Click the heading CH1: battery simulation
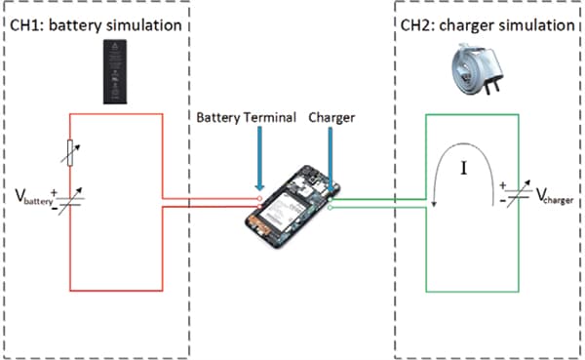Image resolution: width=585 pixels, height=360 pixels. point(96,25)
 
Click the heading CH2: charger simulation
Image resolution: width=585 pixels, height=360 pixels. point(487,25)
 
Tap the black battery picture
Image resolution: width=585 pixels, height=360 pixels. point(115,71)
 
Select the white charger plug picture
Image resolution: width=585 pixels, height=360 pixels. point(477,68)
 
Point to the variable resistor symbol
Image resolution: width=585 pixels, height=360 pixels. point(70,153)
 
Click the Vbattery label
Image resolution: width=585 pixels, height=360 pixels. point(34,197)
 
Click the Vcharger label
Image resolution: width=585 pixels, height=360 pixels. point(555,196)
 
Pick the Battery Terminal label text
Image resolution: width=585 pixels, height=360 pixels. point(247,118)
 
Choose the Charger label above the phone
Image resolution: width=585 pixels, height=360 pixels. point(331,118)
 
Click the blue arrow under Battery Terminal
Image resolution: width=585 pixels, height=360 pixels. point(259,158)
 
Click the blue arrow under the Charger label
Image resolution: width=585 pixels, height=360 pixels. point(331,159)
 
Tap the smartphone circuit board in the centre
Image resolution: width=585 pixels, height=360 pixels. point(292,207)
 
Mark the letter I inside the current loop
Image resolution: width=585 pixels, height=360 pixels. point(464,168)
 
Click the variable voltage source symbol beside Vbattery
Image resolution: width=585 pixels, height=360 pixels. point(70,201)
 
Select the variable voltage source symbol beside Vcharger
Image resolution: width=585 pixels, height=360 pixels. point(519,193)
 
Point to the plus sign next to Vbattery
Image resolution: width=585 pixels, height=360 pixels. point(54,193)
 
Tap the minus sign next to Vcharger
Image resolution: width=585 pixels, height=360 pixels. point(502,201)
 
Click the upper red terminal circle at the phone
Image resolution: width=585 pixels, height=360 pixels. point(259,198)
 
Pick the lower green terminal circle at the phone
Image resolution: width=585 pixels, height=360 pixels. point(330,208)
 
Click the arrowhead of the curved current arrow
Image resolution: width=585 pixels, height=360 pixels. point(434,204)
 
